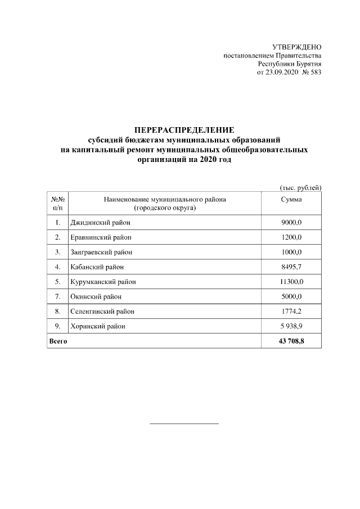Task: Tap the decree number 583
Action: (315, 73)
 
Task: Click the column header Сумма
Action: (291, 200)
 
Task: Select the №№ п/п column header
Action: (58, 204)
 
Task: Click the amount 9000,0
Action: (291, 223)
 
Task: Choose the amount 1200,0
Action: (291, 237)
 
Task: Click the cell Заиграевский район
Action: (101, 252)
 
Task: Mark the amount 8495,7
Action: (291, 267)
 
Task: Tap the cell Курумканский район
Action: (103, 281)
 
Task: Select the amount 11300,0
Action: (291, 281)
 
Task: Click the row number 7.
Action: (58, 296)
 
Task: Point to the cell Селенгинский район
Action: (102, 311)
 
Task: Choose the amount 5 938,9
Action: (291, 326)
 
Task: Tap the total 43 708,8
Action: (291, 341)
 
